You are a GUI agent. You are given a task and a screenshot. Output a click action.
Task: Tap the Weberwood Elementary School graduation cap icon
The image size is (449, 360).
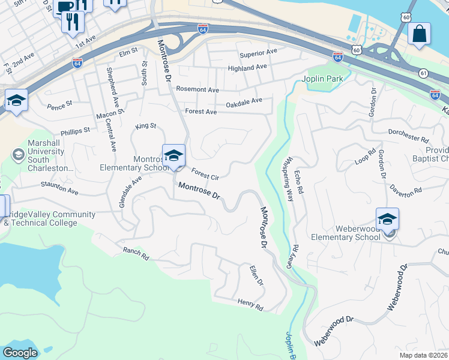[x=387, y=219]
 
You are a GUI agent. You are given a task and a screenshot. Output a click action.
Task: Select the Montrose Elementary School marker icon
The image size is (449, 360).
[x=173, y=155]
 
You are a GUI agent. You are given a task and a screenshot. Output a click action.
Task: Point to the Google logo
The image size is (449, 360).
[x=20, y=353]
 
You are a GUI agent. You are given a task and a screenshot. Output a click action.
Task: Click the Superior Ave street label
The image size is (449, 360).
[x=258, y=53]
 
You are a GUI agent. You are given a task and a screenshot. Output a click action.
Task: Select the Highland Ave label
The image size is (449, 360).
[x=247, y=68]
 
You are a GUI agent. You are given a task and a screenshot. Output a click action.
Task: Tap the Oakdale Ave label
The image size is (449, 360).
[x=244, y=103]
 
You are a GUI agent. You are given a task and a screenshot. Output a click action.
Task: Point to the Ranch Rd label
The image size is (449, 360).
[x=135, y=253]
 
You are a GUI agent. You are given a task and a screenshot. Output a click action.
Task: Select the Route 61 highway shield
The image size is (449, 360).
[x=424, y=73]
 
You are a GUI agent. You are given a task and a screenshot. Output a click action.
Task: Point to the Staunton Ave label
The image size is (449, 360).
[x=60, y=190]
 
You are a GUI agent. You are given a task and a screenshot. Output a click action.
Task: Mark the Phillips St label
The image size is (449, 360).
[x=75, y=130]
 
